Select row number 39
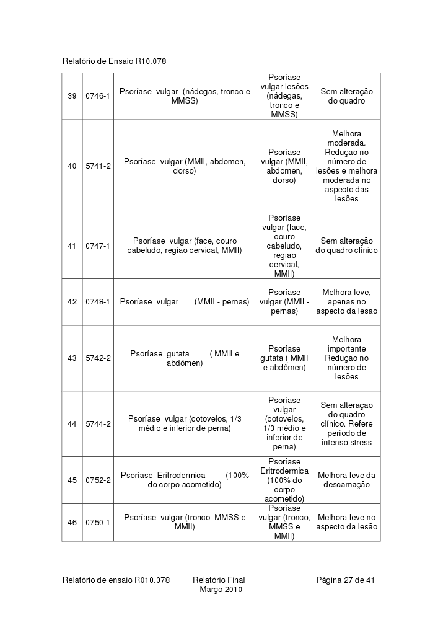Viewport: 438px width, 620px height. tap(72, 96)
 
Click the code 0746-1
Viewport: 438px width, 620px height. tap(98, 96)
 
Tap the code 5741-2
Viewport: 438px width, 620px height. tap(98, 166)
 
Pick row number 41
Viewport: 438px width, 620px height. tap(72, 246)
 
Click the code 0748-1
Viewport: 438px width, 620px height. tap(98, 302)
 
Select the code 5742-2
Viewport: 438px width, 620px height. tap(98, 358)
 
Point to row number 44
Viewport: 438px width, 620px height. tap(72, 424)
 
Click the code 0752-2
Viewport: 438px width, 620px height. tap(98, 480)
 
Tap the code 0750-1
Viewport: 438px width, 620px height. tap(98, 523)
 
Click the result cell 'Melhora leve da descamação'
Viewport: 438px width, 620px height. tap(346, 480)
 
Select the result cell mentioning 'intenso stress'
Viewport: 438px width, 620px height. tap(346, 424)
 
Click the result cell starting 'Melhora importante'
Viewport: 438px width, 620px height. tap(346, 358)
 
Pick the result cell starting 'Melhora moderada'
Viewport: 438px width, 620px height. tap(346, 166)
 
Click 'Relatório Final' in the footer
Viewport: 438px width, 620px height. tap(219, 580)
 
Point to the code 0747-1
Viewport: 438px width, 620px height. tap(98, 246)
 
